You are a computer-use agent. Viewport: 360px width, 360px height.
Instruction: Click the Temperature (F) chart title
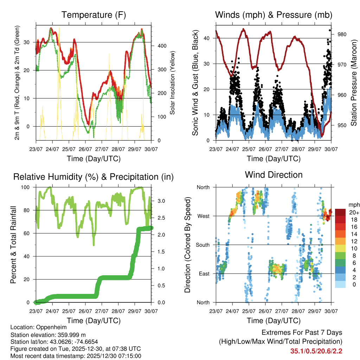pos(94,15)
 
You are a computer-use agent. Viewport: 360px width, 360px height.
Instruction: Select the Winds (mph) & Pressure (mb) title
pos(274,15)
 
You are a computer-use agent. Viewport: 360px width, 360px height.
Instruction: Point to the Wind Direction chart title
pos(274,174)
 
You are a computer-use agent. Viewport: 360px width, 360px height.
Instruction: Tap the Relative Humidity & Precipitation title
pos(94,177)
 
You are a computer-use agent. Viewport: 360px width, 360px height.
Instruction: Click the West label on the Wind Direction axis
pos(203,216)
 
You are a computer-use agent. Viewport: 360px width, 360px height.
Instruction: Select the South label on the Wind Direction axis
pos(202,245)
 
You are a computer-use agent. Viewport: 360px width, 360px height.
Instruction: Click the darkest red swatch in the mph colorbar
pos(341,212)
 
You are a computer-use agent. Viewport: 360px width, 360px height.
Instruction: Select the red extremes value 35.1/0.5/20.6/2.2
pos(316,351)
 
